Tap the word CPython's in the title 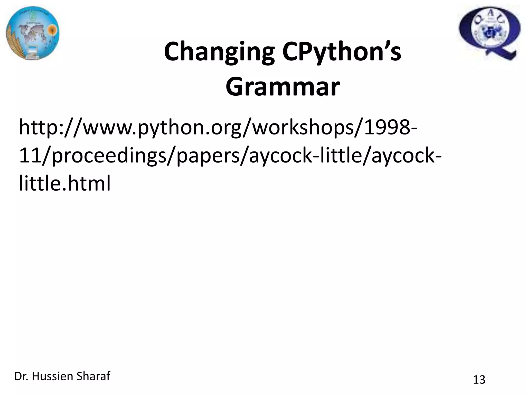click(341, 52)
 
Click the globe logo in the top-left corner click(33, 34)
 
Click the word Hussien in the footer click(53, 376)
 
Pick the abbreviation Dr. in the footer click(21, 376)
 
